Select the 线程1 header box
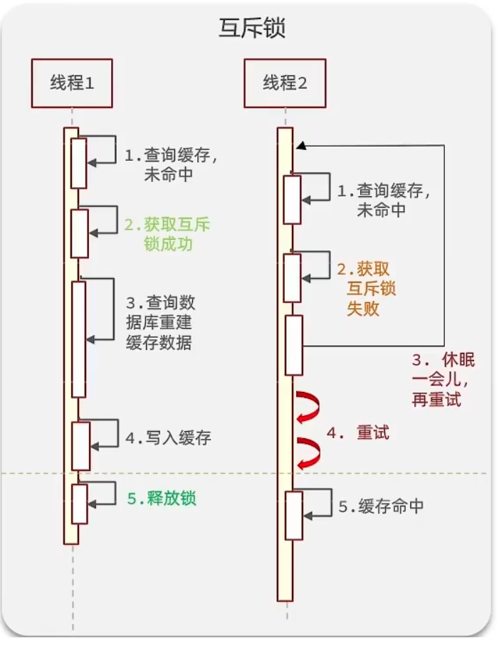point(71,83)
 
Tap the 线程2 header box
point(285,83)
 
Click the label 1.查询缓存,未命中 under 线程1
point(167,165)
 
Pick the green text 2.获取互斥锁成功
point(167,235)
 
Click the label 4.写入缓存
point(168,437)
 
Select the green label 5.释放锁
point(161,499)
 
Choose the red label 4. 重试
point(358,432)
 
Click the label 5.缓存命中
point(381,506)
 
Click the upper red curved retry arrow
point(308,406)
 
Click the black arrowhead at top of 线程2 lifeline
point(302,145)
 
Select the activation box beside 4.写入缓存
point(80,445)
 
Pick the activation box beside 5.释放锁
point(79,502)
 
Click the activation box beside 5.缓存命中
point(293,514)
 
